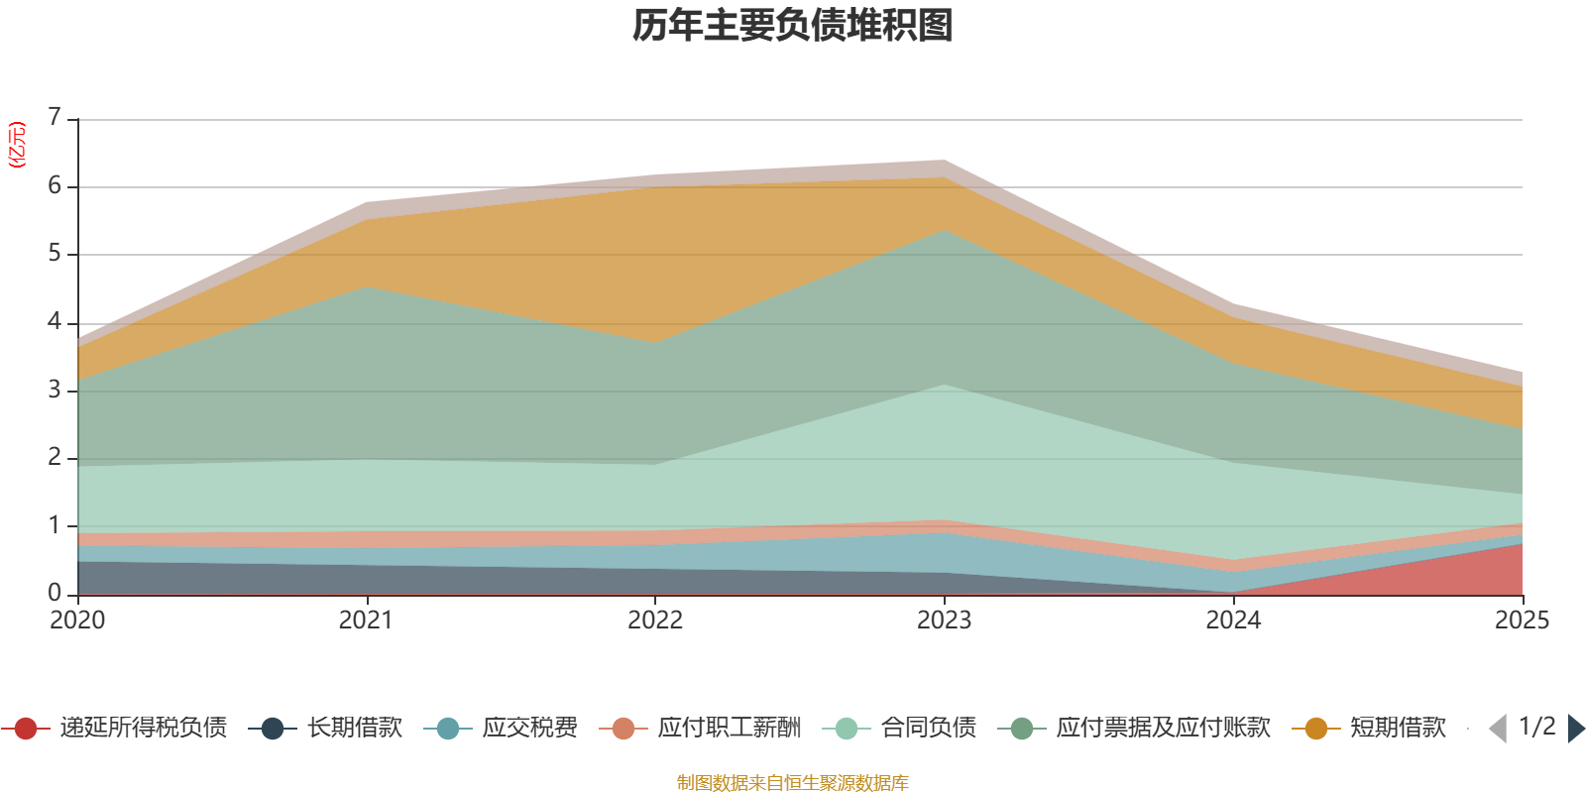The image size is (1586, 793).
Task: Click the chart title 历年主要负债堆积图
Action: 792,26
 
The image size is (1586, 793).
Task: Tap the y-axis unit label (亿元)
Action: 16,145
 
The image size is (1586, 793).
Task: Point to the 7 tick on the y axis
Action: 55,116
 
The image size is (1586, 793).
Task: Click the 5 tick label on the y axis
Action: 55,253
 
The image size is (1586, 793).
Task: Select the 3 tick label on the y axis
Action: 55,390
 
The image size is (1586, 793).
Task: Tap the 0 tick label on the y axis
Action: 55,593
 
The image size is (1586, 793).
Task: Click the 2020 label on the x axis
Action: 77,621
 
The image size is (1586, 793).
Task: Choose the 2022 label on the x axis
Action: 655,621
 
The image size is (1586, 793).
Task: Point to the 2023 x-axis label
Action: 944,621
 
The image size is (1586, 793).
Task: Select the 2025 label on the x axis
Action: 1523,621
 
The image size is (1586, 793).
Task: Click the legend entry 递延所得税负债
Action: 114,728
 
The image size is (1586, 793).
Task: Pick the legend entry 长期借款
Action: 326,728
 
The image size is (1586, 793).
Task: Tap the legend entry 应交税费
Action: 501,728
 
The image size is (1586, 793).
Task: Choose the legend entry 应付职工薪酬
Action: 700,728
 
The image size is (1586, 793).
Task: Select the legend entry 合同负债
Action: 899,728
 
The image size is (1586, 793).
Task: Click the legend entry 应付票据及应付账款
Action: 1134,728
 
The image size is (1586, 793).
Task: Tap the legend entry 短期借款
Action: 1369,728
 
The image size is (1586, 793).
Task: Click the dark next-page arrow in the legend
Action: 1576,728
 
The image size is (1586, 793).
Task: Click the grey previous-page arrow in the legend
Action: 1498,728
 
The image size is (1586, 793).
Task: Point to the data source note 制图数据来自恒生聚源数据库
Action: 792,782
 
